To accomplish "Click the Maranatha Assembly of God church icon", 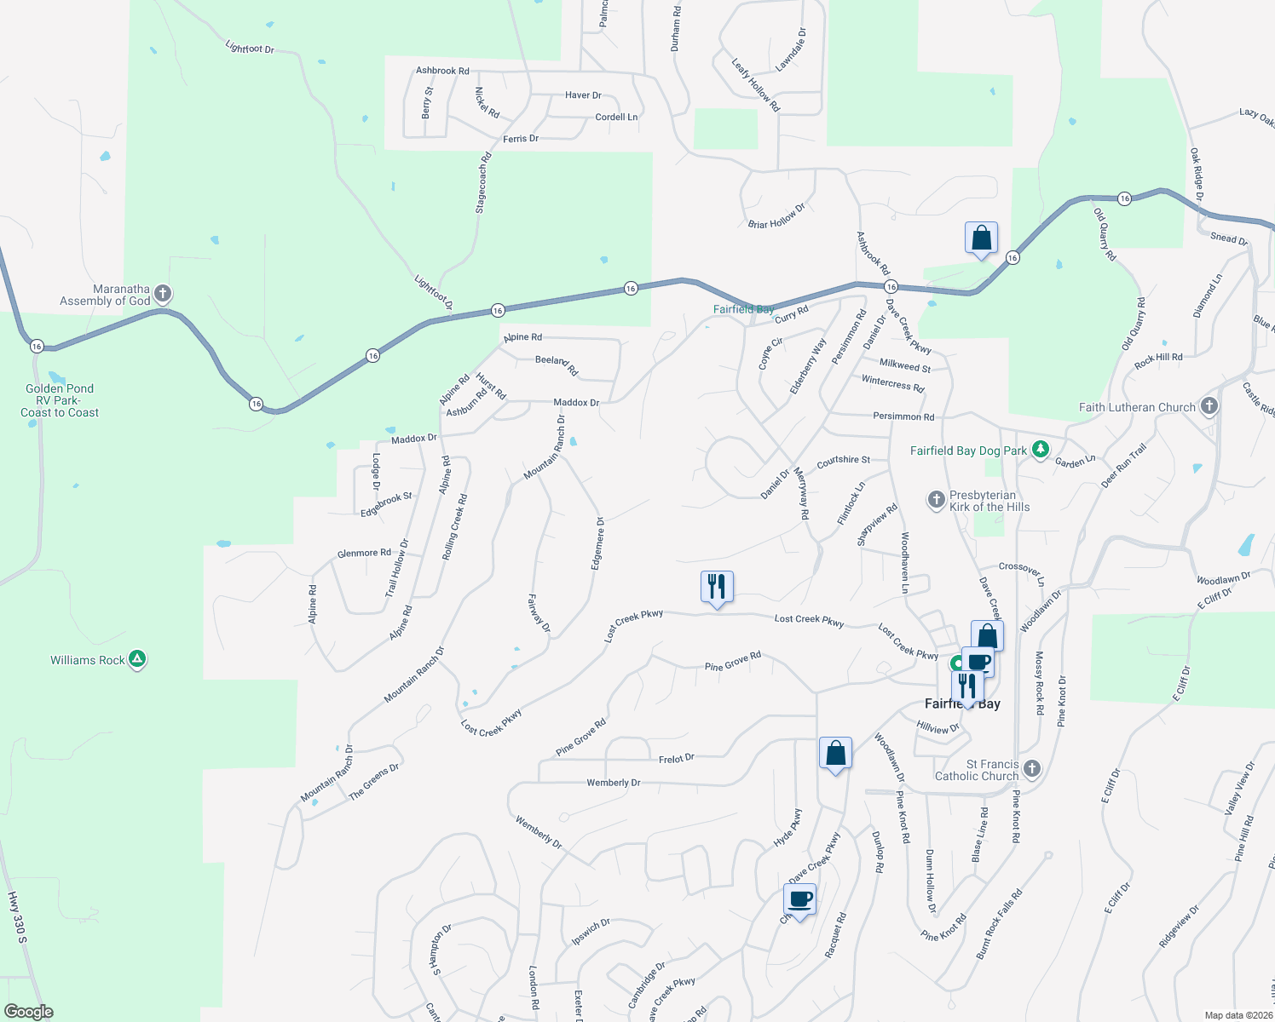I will [163, 294].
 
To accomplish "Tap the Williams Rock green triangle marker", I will [137, 659].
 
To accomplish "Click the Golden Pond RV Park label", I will [60, 400].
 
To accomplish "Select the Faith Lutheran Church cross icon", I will [1209, 406].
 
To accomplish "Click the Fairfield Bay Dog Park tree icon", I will [1040, 449].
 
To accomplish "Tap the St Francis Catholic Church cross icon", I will [1032, 769].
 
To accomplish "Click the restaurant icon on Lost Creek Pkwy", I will [717, 586].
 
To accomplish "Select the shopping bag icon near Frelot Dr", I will [835, 753].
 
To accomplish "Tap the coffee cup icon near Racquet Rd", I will [799, 899].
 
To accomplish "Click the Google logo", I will [28, 1012].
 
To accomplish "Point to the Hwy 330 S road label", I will [18, 918].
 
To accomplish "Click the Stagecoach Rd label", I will [483, 183].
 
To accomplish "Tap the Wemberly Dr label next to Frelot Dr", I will [613, 783].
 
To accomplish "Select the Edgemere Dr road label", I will [598, 543].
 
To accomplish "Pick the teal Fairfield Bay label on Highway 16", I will [743, 309].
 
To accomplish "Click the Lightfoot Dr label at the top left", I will [250, 48].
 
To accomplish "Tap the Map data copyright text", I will [1238, 1015].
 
